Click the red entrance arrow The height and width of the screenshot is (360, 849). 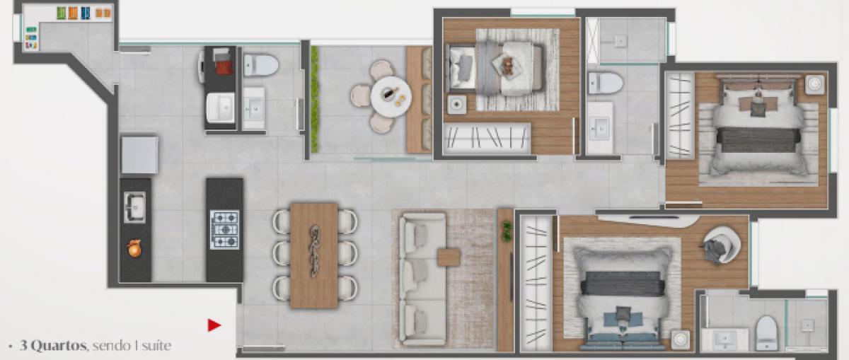[214, 325]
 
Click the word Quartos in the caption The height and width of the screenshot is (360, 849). [52, 346]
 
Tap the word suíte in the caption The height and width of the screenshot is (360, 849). [156, 346]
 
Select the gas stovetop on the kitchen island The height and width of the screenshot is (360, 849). [225, 230]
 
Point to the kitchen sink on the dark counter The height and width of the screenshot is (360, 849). [134, 207]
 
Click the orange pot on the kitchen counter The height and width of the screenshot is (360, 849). [134, 248]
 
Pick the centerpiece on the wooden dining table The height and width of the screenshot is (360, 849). [314, 251]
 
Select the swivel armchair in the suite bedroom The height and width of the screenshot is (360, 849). [721, 245]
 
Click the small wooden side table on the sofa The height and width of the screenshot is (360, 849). [449, 257]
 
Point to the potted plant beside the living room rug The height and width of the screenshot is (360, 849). [507, 231]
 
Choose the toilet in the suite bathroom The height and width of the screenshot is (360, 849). [766, 333]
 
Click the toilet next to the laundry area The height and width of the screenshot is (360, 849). [261, 65]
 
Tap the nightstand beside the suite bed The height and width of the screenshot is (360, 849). [681, 340]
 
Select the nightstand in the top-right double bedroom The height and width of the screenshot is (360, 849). [815, 84]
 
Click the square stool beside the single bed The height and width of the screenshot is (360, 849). [457, 104]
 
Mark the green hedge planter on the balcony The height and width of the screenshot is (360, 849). [315, 99]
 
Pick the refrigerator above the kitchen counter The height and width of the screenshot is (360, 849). [139, 155]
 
